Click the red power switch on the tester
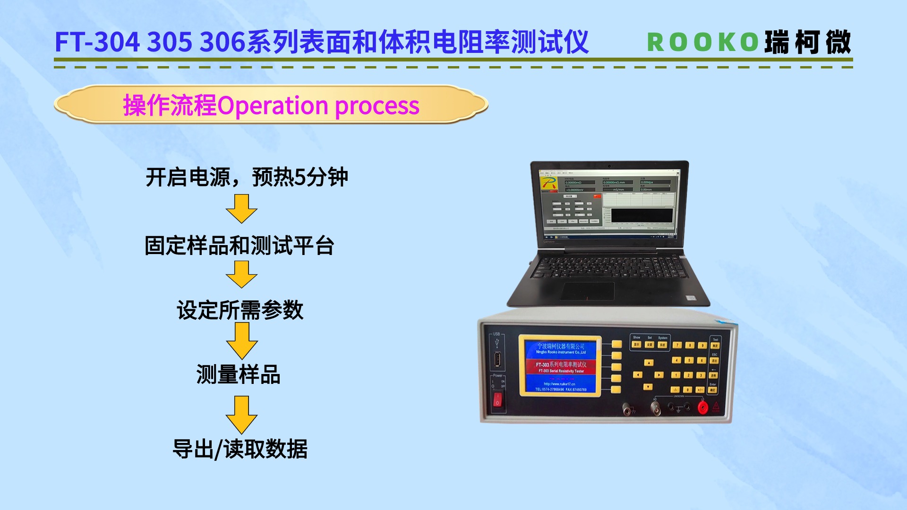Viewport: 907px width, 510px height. point(497,400)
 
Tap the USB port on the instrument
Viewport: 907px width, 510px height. point(497,361)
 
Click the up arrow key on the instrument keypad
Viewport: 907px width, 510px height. point(649,363)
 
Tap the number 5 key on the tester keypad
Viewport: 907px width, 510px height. point(689,360)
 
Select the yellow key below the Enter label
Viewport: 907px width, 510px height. point(712,390)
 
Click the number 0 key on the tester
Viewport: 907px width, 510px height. point(688,390)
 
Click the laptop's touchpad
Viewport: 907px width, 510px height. point(588,290)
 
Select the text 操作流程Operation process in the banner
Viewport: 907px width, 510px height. point(271,105)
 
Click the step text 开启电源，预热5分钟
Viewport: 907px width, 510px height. point(247,178)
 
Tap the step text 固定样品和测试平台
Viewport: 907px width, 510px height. point(240,246)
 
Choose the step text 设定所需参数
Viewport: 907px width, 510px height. point(240,310)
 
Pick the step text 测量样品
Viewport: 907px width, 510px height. point(239,374)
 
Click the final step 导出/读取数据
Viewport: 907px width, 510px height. point(240,449)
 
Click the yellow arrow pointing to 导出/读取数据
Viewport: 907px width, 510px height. point(241,414)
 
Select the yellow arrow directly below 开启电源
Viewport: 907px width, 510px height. point(241,208)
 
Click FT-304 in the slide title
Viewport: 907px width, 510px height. point(97,42)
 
